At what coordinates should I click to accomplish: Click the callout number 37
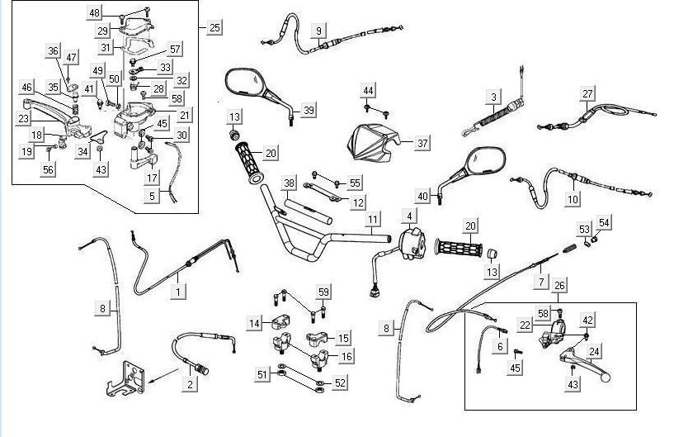[422, 143]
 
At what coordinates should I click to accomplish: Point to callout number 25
[214, 28]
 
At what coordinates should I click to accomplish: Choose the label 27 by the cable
[587, 93]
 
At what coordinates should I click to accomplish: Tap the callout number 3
[493, 97]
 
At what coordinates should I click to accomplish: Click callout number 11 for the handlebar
[374, 219]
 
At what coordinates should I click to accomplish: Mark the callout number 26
[560, 287]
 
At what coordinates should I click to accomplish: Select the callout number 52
[340, 382]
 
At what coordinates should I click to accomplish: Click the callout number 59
[323, 292]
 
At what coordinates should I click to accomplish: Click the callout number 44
[368, 89]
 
